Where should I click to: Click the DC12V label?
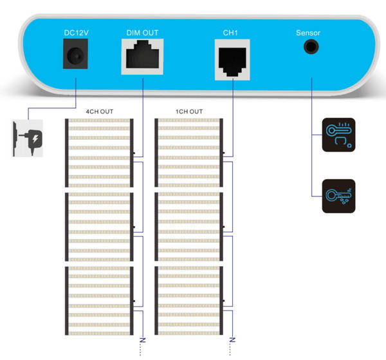(x=76, y=32)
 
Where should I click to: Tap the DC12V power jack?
(x=75, y=54)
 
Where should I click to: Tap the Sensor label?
(x=308, y=32)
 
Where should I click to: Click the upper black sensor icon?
(x=338, y=134)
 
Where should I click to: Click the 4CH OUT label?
(x=99, y=111)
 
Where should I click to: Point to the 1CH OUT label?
(x=189, y=111)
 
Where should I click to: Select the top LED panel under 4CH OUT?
(x=99, y=152)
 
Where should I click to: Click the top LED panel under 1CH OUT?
(x=189, y=152)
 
